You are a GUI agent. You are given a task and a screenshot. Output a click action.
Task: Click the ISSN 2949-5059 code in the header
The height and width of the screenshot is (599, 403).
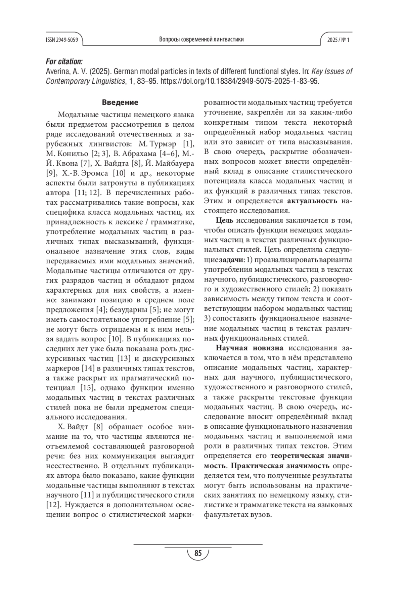(x=62, y=40)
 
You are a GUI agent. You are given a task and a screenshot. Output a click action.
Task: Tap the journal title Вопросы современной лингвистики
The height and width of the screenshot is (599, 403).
(x=201, y=40)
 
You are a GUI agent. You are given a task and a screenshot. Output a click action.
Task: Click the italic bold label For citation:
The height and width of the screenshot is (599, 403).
(x=64, y=62)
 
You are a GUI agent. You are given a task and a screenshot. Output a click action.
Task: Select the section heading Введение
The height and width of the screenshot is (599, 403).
(x=120, y=102)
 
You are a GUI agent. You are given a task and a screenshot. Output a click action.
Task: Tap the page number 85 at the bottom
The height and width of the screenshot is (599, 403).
(x=198, y=553)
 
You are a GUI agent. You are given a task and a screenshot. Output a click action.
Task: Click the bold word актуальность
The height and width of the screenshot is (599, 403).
(x=312, y=201)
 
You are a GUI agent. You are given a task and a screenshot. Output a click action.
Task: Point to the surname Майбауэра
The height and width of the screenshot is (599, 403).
(x=176, y=164)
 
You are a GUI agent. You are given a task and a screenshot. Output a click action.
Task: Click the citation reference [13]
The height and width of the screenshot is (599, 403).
(x=123, y=358)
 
